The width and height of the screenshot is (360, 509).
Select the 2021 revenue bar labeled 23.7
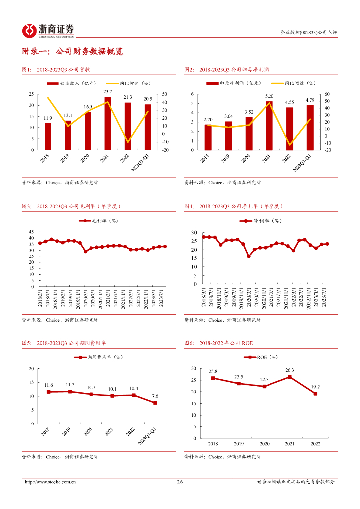click(108, 124)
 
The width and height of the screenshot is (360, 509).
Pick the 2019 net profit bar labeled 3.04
click(228, 135)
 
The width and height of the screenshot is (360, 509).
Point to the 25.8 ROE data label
click(213, 371)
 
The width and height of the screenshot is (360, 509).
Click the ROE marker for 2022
click(315, 394)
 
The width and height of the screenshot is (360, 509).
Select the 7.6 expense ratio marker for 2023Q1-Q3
click(155, 403)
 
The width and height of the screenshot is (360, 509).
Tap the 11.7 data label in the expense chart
click(70, 385)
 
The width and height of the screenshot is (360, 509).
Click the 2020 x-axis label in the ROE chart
click(264, 444)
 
